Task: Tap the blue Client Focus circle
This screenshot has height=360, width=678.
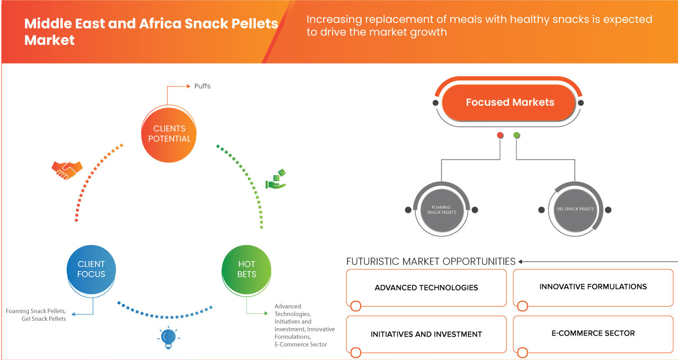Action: pyautogui.click(x=91, y=269)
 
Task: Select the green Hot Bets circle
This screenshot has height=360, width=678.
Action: pyautogui.click(x=246, y=269)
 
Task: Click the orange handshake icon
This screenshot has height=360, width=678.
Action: pyautogui.click(x=67, y=169)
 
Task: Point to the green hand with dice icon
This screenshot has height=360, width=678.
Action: pyautogui.click(x=275, y=179)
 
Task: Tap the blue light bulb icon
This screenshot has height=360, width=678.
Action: pyautogui.click(x=168, y=338)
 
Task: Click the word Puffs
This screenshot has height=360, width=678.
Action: pyautogui.click(x=202, y=86)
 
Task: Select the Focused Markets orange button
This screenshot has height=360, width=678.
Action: pyautogui.click(x=510, y=102)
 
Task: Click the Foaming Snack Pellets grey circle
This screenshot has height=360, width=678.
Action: pyautogui.click(x=441, y=210)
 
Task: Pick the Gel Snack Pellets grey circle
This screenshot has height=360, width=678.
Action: pyautogui.click(x=575, y=209)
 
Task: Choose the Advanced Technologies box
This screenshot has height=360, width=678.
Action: pyautogui.click(x=426, y=288)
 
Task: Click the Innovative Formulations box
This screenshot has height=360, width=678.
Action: pyautogui.click(x=593, y=287)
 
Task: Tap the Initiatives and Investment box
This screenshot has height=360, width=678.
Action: pyautogui.click(x=426, y=335)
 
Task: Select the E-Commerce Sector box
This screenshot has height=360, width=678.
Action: pyautogui.click(x=593, y=334)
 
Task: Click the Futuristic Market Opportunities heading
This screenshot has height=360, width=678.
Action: pyautogui.click(x=431, y=262)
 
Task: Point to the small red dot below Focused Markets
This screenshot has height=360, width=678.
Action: pyautogui.click(x=500, y=136)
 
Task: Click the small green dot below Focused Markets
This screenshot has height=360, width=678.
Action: pyautogui.click(x=516, y=136)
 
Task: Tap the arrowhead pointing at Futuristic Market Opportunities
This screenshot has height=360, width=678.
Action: pyautogui.click(x=521, y=262)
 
